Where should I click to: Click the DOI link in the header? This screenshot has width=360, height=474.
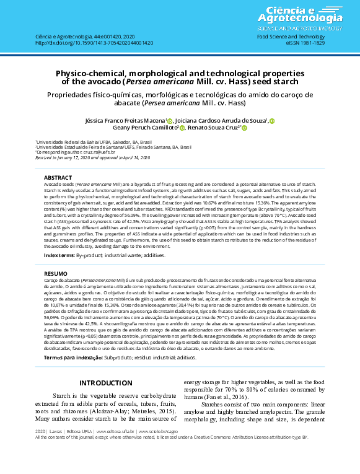click(x=94, y=43)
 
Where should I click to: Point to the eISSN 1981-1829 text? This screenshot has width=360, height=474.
click(x=309, y=43)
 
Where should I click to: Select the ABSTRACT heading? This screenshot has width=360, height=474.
click(x=58, y=178)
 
